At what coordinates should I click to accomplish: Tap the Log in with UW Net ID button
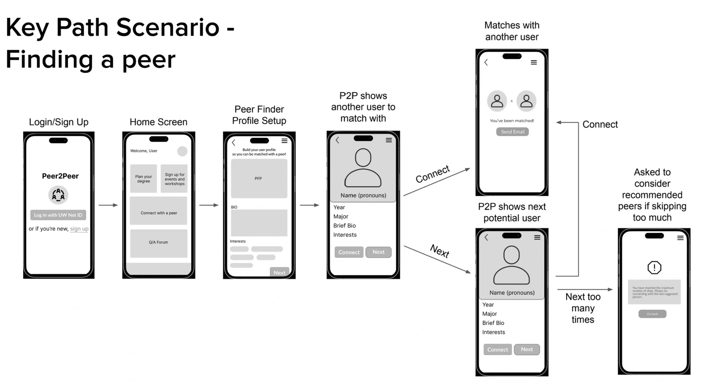click(x=58, y=215)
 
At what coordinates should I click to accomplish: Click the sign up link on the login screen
click(x=79, y=229)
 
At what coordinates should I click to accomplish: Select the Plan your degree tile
click(x=144, y=178)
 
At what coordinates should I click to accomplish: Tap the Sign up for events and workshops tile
click(x=174, y=179)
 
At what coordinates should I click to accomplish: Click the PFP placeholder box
click(x=259, y=178)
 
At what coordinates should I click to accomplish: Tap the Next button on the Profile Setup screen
click(x=279, y=272)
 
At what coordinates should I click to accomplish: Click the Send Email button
click(x=512, y=132)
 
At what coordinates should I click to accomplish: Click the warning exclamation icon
click(x=654, y=267)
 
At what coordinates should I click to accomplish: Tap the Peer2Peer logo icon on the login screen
click(x=58, y=195)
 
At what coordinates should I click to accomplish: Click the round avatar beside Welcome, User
click(x=182, y=151)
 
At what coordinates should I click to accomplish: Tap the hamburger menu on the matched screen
click(x=534, y=63)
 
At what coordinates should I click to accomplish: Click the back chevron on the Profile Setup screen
click(x=233, y=143)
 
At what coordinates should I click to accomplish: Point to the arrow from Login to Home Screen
click(x=108, y=205)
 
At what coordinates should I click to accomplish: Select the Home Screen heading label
click(x=158, y=122)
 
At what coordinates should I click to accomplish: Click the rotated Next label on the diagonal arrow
click(x=440, y=251)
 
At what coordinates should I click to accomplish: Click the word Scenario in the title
click(x=168, y=27)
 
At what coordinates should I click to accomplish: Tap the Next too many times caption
click(x=583, y=308)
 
